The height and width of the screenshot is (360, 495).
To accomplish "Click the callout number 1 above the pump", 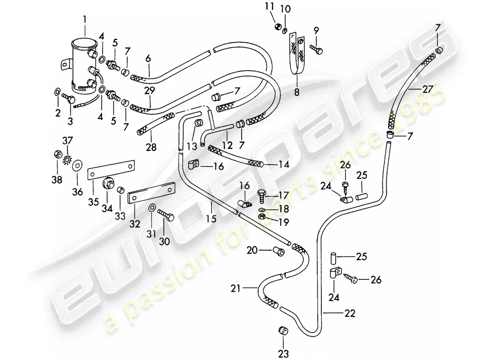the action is [85, 20].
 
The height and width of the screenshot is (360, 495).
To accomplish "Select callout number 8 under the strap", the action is [297, 92].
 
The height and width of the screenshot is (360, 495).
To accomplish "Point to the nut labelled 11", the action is [278, 27].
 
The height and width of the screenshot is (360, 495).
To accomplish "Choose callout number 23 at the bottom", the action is [283, 354].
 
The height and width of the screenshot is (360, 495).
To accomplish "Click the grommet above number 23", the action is [283, 331].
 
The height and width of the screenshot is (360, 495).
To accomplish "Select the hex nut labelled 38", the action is [57, 155].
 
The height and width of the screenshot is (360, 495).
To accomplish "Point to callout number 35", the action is [94, 202].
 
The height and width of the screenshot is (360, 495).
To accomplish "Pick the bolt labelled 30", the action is [166, 215].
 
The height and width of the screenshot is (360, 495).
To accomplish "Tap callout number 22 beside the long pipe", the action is [350, 313].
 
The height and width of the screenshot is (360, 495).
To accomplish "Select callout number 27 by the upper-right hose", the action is [427, 90].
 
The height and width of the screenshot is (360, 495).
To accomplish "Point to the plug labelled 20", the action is [279, 252].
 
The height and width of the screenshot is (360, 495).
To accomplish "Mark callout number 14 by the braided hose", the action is [284, 165].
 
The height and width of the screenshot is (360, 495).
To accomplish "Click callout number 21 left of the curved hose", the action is [235, 288].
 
